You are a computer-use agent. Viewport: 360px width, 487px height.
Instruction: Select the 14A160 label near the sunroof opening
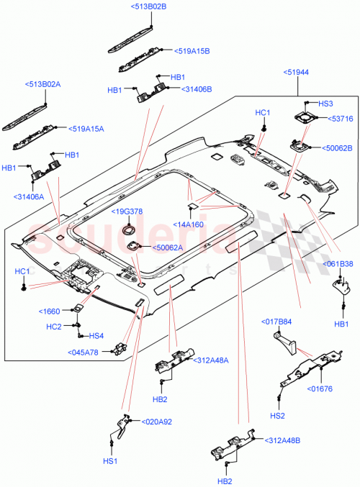point(189,224)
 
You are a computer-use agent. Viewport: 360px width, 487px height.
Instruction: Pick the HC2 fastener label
point(54,327)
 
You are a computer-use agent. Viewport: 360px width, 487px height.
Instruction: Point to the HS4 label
point(96,336)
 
